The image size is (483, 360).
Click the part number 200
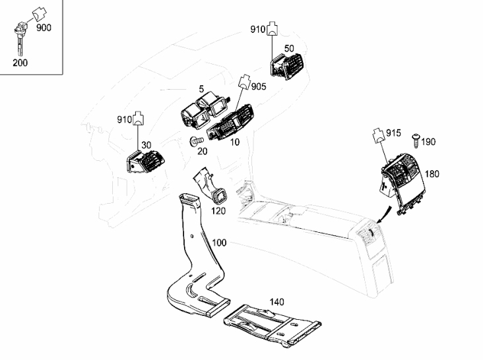[20, 63]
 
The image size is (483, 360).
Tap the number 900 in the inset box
[44, 28]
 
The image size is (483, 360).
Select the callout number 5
[201, 89]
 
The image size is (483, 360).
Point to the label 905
[259, 87]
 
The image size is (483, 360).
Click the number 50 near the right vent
[289, 49]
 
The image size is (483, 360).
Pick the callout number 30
[146, 145]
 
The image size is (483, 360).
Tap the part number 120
[218, 211]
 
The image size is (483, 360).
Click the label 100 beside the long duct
[219, 243]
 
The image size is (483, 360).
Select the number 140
[276, 302]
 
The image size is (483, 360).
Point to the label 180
[432, 174]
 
